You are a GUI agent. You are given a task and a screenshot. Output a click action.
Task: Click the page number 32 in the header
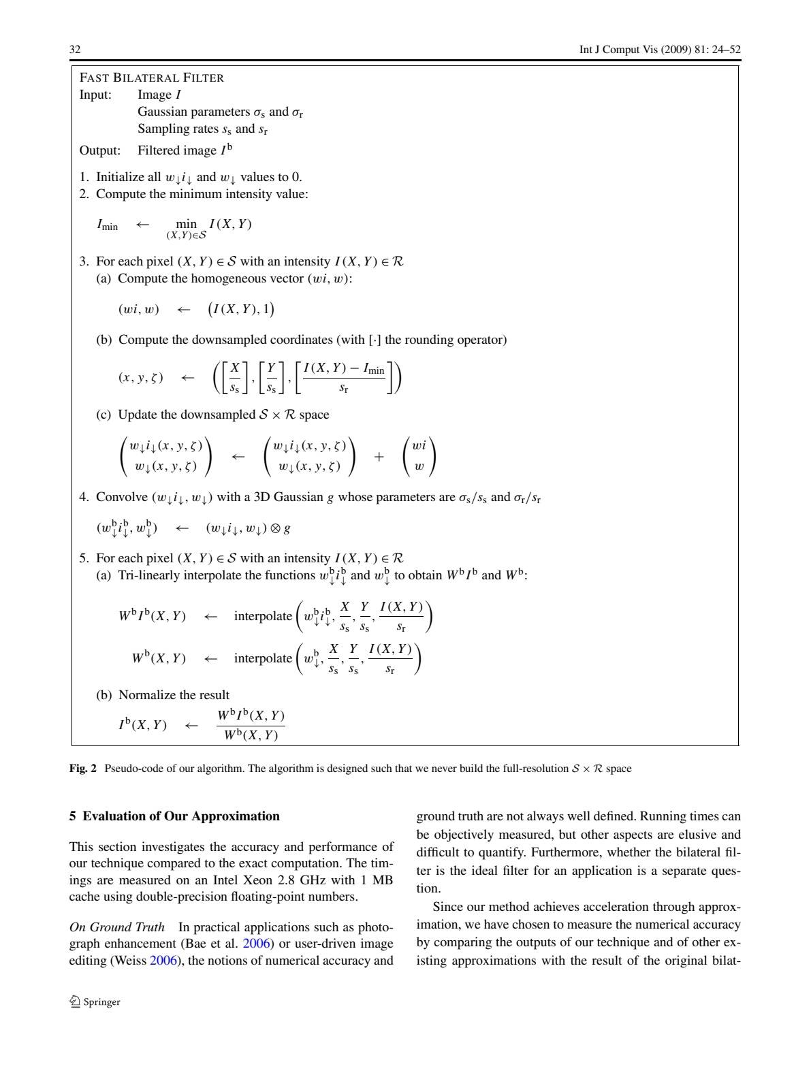75,50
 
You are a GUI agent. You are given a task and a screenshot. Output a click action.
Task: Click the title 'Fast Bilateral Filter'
151,78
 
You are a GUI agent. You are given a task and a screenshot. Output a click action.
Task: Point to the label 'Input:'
95,95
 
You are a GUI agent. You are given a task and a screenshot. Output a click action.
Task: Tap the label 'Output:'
99,150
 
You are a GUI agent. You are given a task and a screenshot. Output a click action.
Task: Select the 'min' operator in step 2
186,223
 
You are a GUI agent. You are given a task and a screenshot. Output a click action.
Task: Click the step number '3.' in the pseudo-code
84,261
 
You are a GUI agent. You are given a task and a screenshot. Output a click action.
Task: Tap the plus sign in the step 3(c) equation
379,457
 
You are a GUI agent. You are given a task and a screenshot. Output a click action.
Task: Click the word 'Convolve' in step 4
121,497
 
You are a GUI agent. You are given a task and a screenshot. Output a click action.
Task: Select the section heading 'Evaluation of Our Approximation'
181,816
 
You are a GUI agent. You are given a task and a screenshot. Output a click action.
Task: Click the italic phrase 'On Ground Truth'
116,927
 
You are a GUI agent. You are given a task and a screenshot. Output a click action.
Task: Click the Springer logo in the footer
95,1001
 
